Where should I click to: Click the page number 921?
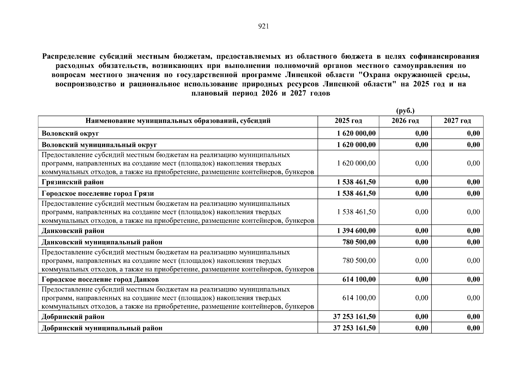263,27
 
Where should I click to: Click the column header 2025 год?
348,121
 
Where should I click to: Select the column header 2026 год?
405,121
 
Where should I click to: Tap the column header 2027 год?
457,121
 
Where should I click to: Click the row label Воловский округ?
70,133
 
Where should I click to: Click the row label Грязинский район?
72,182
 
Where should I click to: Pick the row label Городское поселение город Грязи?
98,194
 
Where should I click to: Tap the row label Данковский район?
73,231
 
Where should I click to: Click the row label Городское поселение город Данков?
100,280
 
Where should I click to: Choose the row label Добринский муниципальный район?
102,328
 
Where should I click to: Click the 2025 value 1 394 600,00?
356,231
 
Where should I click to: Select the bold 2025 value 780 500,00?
359,242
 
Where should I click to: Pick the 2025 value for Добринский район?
354,317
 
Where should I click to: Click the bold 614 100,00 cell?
359,280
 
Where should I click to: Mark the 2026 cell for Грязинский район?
421,182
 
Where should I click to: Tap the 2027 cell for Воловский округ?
473,133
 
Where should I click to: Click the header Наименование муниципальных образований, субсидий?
178,121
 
